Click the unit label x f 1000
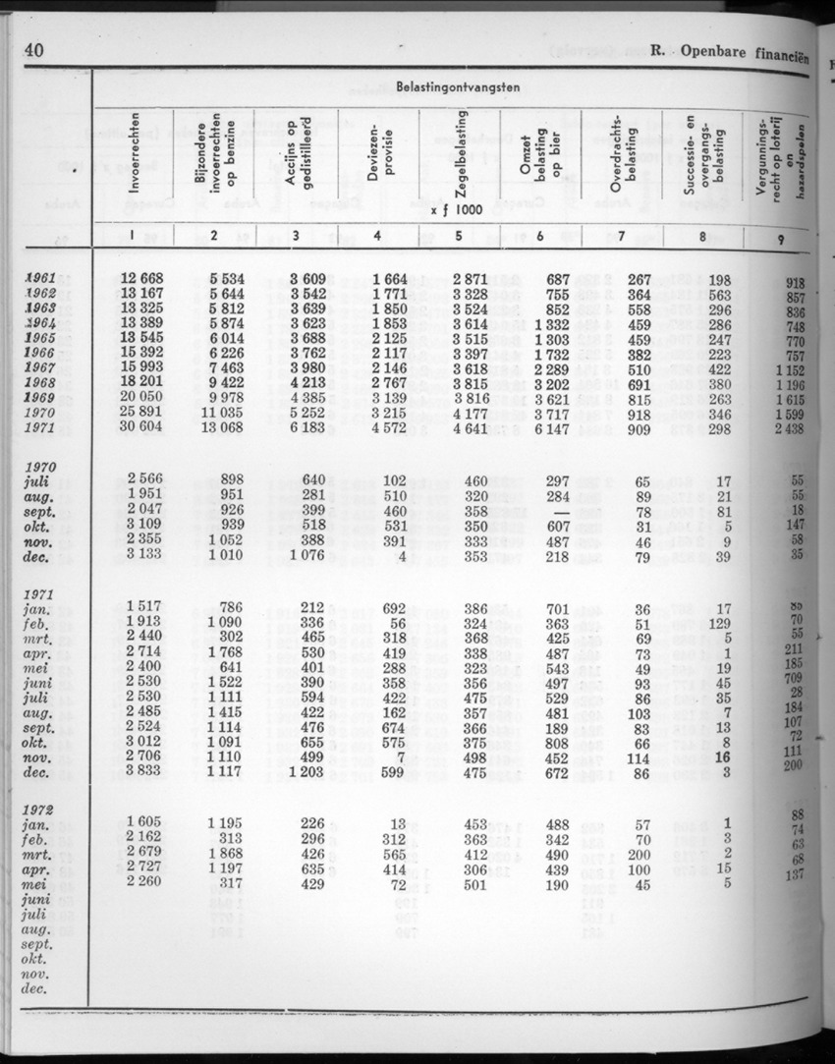click(x=456, y=209)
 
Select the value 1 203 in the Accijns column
click(x=315, y=772)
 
